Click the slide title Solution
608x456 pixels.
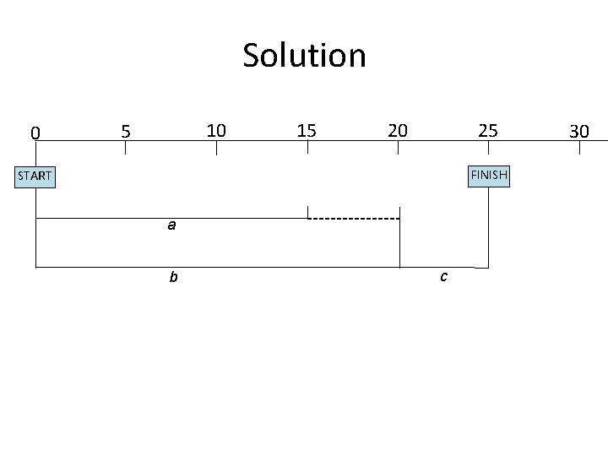tap(304, 56)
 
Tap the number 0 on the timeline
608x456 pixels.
tap(35, 133)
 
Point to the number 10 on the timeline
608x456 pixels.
tap(216, 130)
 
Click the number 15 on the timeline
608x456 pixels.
tap(307, 130)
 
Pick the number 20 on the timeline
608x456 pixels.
tap(397, 130)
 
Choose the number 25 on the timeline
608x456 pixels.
tap(488, 131)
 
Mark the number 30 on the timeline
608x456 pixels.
tap(578, 131)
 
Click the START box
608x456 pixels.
tap(35, 176)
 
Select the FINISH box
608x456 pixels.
tap(489, 175)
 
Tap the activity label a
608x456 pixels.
tap(171, 225)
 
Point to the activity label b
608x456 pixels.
tap(172, 276)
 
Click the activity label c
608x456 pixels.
tap(443, 276)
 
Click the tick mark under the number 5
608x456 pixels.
tap(126, 148)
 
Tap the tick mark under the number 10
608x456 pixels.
tap(216, 148)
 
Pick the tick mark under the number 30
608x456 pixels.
tap(579, 148)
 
